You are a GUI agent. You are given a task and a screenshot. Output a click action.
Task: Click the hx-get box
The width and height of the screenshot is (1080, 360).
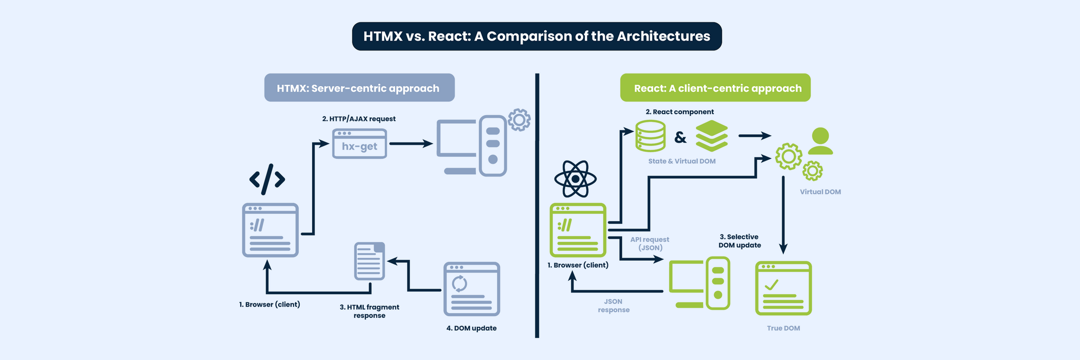point(359,143)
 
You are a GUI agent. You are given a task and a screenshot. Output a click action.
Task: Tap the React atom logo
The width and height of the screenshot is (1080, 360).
point(575,179)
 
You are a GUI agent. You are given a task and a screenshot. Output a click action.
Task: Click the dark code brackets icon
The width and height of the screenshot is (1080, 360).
point(267,179)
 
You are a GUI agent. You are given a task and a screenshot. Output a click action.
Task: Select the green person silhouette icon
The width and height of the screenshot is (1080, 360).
point(820,141)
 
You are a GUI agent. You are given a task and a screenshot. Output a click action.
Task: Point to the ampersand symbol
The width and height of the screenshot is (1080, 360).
point(680,137)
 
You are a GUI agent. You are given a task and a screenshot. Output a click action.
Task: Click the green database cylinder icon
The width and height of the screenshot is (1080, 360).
point(651,136)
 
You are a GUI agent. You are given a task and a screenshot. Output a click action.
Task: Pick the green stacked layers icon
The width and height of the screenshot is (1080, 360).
point(712,136)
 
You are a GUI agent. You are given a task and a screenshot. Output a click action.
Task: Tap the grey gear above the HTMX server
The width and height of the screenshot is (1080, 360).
point(519,120)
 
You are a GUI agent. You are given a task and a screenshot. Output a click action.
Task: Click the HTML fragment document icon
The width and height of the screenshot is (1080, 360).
point(370,261)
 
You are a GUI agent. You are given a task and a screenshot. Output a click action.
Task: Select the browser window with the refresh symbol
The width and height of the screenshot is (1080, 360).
point(472,289)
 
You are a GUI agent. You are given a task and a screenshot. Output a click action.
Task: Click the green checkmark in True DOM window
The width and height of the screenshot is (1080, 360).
point(771,284)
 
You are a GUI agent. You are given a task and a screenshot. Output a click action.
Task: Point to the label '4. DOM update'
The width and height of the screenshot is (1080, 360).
point(471,328)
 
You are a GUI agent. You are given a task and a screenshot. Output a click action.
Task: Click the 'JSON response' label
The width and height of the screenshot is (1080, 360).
point(614,305)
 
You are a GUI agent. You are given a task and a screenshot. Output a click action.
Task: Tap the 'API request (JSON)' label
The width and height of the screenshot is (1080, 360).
point(650,243)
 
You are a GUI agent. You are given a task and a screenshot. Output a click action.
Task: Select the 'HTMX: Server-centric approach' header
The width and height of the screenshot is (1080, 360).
point(359,88)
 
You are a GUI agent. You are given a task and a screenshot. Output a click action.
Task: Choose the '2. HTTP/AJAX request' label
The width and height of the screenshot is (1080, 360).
point(359,119)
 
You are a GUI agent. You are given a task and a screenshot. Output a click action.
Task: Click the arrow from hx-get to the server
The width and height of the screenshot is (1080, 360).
point(411,144)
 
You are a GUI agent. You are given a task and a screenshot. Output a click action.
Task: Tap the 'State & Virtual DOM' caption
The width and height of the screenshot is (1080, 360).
point(682,161)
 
